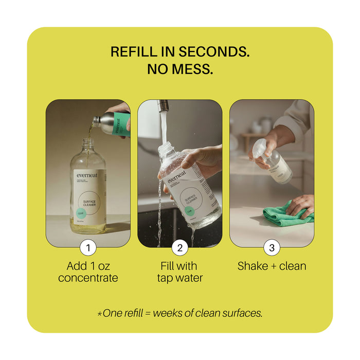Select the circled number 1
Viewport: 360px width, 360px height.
point(88,248)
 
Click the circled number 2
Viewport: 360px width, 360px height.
point(179,248)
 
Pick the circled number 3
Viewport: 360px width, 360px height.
point(272,248)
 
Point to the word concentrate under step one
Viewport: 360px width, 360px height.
point(88,278)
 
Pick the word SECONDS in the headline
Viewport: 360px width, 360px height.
point(214,52)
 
